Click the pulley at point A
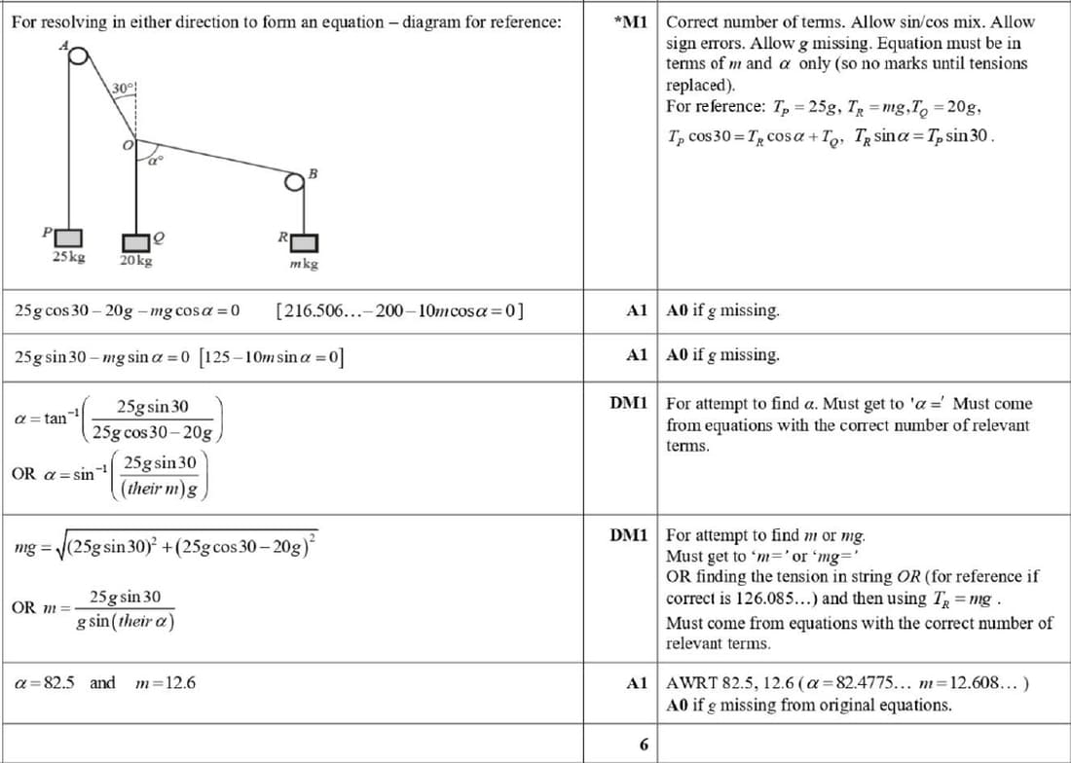pyautogui.click(x=74, y=54)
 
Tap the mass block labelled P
pyautogui.click(x=68, y=237)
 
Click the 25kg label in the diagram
pyautogui.click(x=68, y=257)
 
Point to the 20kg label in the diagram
pyautogui.click(x=135, y=261)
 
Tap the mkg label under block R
pyautogui.click(x=304, y=264)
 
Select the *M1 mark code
pyautogui.click(x=632, y=21)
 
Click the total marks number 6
pyautogui.click(x=644, y=745)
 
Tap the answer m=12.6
pyautogui.click(x=166, y=682)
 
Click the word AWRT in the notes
pyautogui.click(x=690, y=682)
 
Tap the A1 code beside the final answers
pyautogui.click(x=637, y=683)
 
